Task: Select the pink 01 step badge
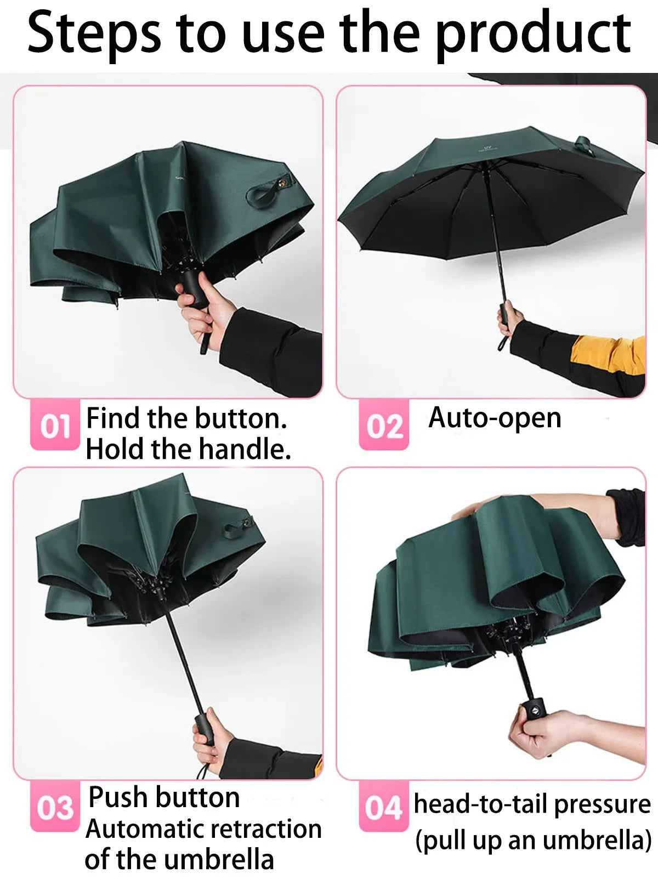55,426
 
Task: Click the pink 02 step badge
384,426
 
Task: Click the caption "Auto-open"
495,419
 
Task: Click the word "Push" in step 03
118,797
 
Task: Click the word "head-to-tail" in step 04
481,804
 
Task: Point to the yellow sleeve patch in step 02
610,354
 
